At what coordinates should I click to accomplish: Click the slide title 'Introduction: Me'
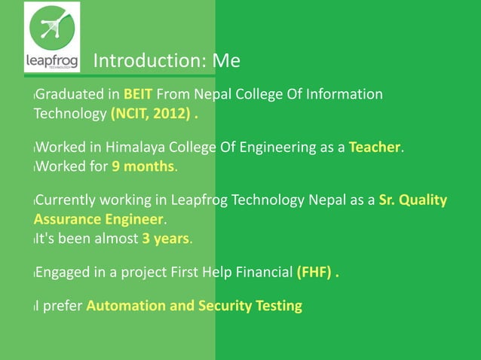point(167,60)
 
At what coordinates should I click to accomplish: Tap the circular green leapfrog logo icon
point(51,28)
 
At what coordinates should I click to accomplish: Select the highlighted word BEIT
point(139,95)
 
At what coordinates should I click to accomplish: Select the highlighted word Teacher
point(374,147)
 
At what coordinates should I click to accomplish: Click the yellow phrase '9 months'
point(143,166)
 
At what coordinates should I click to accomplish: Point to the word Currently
point(63,200)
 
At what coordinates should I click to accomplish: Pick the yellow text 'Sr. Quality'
point(412,200)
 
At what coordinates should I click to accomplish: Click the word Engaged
point(63,273)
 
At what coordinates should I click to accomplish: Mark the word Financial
point(264,273)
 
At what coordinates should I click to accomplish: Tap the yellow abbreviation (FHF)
point(313,273)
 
